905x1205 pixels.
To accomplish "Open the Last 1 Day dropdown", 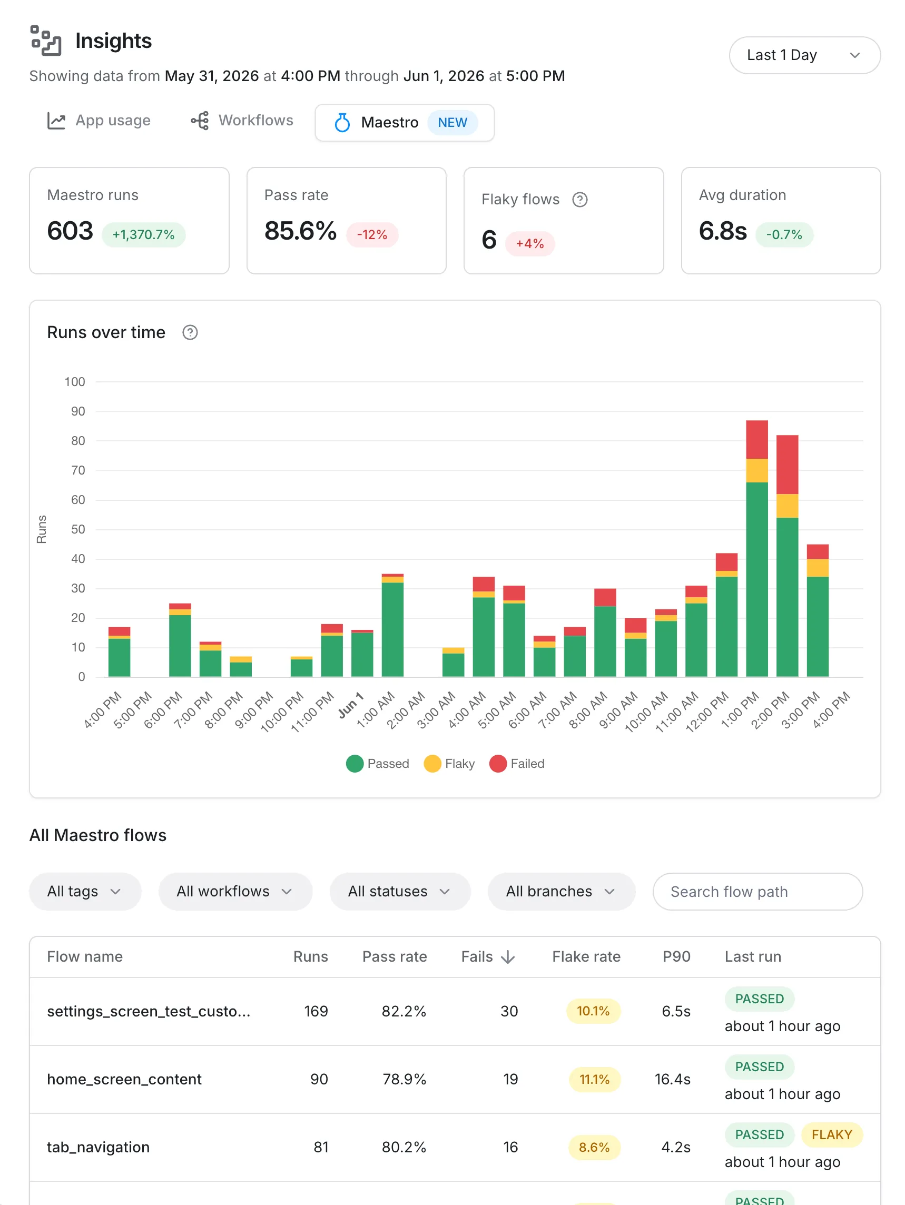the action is [x=804, y=55].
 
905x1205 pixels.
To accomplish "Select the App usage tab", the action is [x=99, y=121].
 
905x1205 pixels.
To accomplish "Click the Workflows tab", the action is [x=242, y=121].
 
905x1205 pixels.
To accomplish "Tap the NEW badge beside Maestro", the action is [x=452, y=123].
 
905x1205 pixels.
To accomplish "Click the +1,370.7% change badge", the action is [x=143, y=235].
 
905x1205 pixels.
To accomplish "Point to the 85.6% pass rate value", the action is [x=300, y=231].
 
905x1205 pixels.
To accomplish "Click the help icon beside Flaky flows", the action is [x=580, y=200].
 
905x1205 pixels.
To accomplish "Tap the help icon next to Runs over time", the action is [x=190, y=332].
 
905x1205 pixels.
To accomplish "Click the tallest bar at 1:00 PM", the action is [x=757, y=548].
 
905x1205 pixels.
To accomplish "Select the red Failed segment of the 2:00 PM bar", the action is [x=787, y=465].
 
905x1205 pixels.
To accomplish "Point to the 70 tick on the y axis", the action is [x=78, y=470].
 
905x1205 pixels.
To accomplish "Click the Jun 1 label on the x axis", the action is [x=350, y=705].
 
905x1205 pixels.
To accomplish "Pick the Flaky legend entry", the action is [x=449, y=764].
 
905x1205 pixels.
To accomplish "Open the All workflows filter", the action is [x=235, y=891].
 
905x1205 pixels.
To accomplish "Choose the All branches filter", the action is [x=561, y=891].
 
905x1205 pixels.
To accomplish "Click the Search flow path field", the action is [x=758, y=891].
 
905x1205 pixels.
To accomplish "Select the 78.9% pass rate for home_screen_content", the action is [x=404, y=1079].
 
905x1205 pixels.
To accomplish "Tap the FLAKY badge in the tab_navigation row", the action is [x=831, y=1135].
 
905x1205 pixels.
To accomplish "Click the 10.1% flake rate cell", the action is [x=593, y=1011].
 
